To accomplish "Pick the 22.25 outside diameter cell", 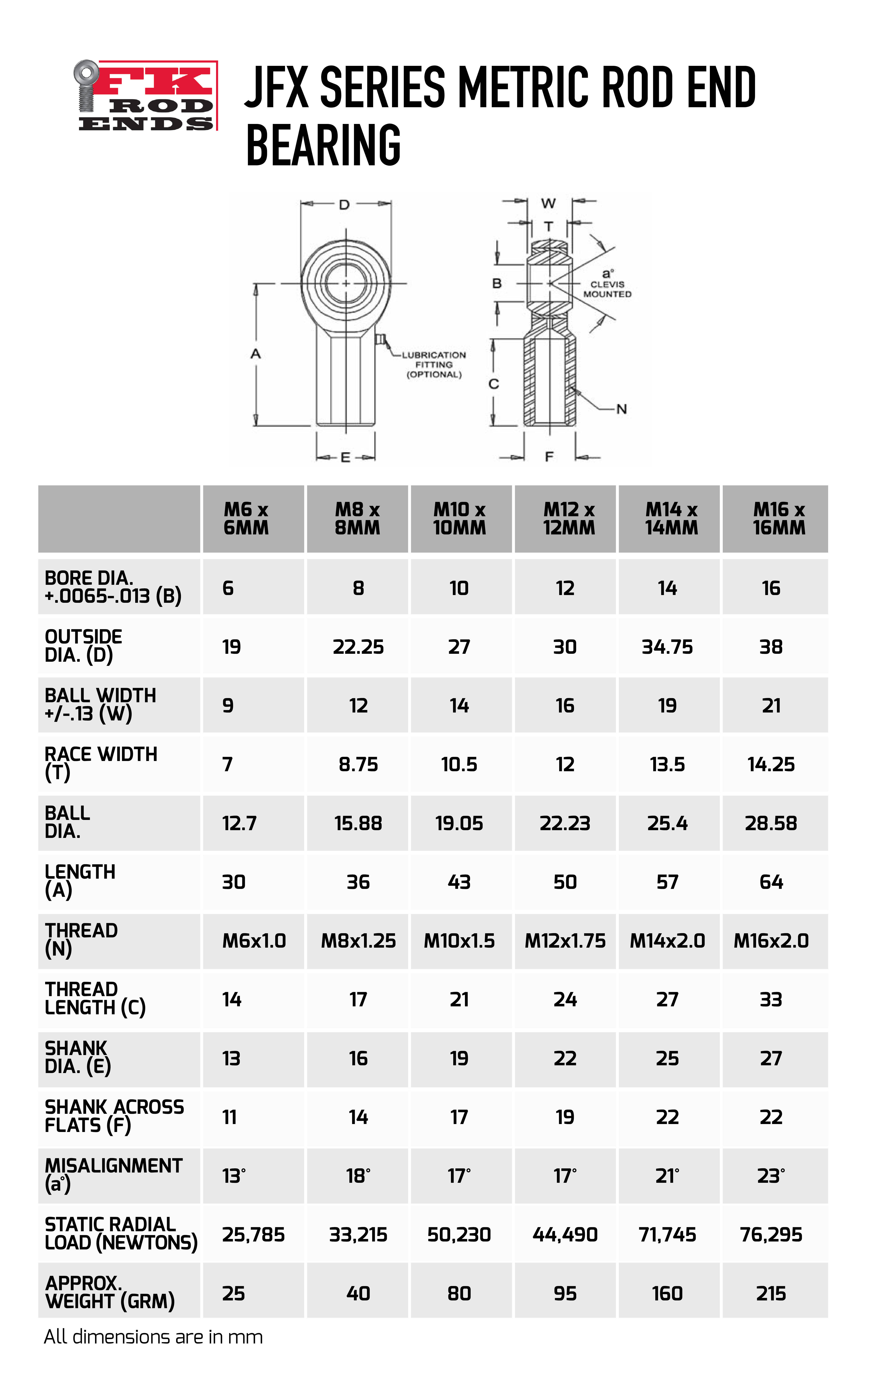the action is point(358,647).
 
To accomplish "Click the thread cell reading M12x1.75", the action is point(565,941).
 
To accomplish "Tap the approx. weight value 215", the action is point(771,1294).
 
